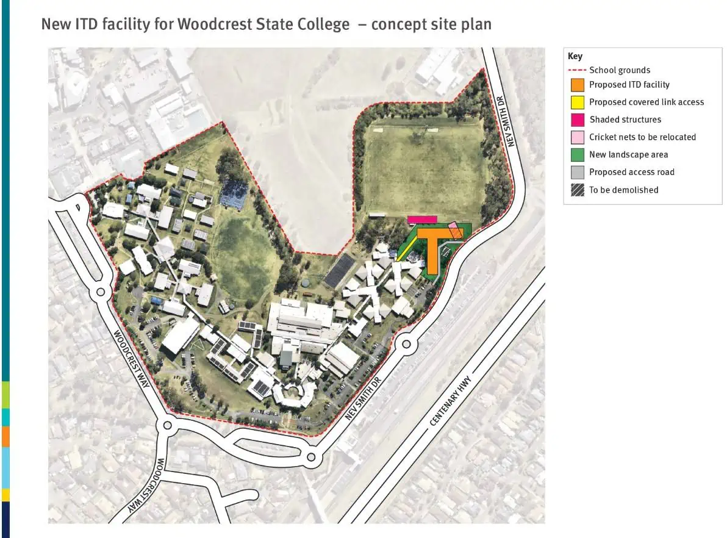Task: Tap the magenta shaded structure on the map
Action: coord(423,220)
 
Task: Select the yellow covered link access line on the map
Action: coord(407,248)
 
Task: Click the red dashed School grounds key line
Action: coord(577,70)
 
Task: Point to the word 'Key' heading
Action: coord(575,56)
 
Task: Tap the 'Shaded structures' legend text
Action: coord(625,120)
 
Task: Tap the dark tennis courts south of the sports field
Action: coord(339,271)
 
